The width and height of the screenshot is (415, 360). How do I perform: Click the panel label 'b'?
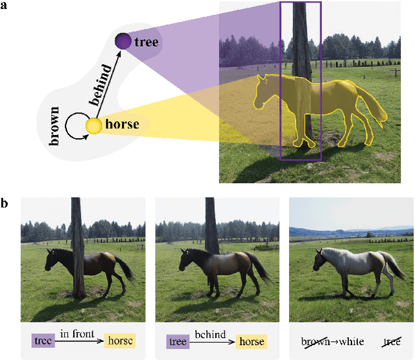6,204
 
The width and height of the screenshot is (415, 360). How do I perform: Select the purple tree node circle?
123,42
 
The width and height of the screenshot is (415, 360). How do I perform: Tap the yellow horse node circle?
94,126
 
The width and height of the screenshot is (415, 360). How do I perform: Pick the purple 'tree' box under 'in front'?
44,341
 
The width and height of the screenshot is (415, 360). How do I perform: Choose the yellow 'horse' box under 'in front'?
119,341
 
